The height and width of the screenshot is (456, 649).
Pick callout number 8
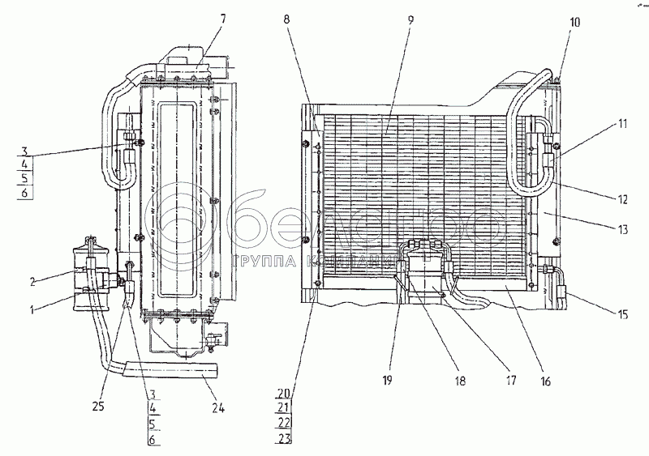(x=289, y=17)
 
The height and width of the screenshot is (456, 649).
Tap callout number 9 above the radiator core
(x=410, y=17)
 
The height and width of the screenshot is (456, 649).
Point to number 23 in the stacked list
(x=282, y=440)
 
